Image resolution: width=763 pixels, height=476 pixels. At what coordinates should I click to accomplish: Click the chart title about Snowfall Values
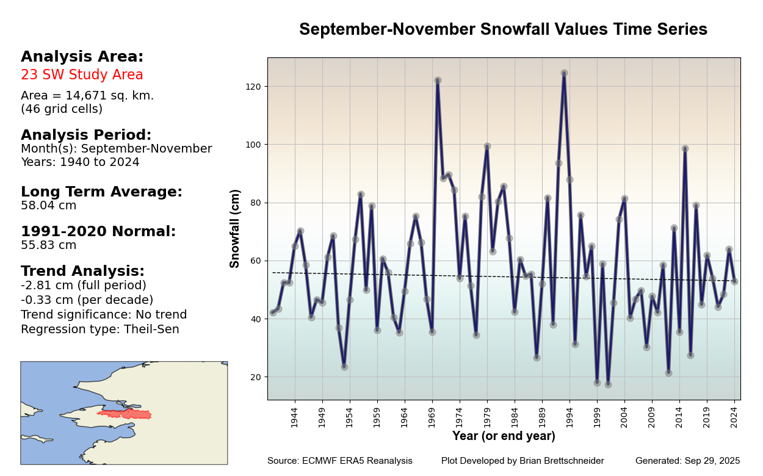(x=503, y=29)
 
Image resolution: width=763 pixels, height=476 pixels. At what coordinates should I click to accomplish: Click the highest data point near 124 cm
(x=564, y=73)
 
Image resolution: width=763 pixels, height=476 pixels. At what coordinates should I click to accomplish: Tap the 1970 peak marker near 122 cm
(x=438, y=81)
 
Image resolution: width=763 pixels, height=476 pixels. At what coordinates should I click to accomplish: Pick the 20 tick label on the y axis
(x=256, y=377)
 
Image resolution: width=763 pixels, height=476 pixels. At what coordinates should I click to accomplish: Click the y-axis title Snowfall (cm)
(x=235, y=228)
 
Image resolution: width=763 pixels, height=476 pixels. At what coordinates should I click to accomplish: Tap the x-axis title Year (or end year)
(x=504, y=436)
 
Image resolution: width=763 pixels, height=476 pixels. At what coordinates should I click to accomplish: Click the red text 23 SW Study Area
(x=82, y=75)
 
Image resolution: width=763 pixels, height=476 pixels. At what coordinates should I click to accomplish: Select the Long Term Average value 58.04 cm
(x=49, y=206)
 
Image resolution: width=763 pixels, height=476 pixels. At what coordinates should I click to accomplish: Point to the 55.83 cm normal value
(x=49, y=245)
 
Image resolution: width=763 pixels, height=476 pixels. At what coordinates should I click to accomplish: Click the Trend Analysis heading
(x=82, y=271)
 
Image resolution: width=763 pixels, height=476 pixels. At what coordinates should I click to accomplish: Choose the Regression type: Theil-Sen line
(x=100, y=330)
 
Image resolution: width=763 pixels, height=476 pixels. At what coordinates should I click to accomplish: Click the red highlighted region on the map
(x=125, y=414)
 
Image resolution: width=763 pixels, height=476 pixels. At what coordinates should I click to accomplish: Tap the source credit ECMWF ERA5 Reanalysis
(x=339, y=461)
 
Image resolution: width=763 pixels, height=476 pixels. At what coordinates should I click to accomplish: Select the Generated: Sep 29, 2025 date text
(x=687, y=461)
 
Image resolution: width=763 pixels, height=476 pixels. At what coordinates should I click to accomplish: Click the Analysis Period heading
(x=86, y=135)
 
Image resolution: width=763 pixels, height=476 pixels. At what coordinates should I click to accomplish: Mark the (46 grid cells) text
(x=62, y=109)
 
